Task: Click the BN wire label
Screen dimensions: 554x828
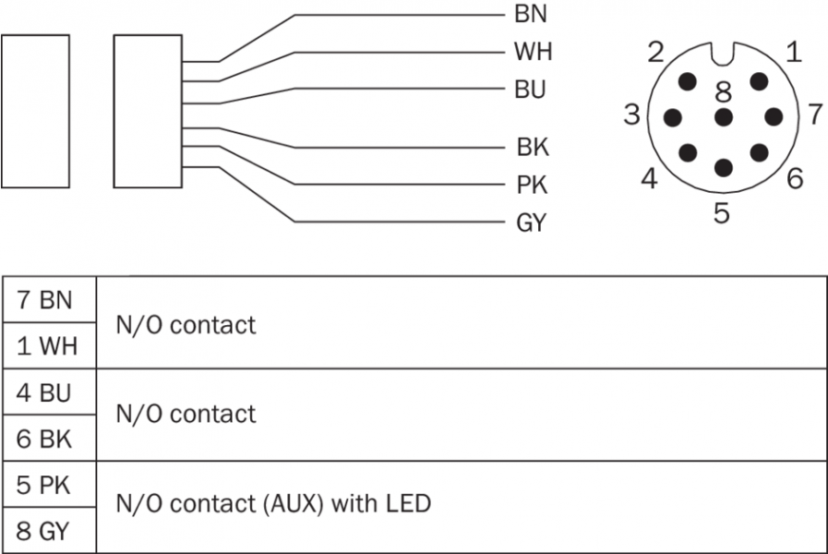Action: click(530, 15)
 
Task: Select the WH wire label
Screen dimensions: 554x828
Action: click(533, 52)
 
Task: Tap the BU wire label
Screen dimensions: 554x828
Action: click(530, 90)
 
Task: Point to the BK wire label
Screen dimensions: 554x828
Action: click(533, 148)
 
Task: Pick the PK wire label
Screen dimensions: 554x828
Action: click(532, 186)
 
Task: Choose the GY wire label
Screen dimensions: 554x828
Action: click(531, 223)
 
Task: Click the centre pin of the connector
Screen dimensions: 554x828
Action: click(723, 117)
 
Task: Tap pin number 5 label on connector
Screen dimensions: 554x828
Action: click(722, 213)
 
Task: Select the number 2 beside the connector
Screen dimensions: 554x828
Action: click(655, 53)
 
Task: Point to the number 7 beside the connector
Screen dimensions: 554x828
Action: click(814, 114)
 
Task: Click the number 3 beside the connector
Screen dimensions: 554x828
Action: click(631, 115)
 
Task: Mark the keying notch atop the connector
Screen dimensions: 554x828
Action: click(723, 54)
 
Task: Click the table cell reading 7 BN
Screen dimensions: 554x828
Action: click(44, 300)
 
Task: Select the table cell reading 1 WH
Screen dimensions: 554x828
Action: click(44, 346)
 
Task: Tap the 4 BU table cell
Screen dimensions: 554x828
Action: click(44, 392)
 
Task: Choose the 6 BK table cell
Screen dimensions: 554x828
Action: click(44, 439)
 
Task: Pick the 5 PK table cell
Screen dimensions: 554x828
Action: click(44, 485)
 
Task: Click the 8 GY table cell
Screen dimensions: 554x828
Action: click(44, 531)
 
